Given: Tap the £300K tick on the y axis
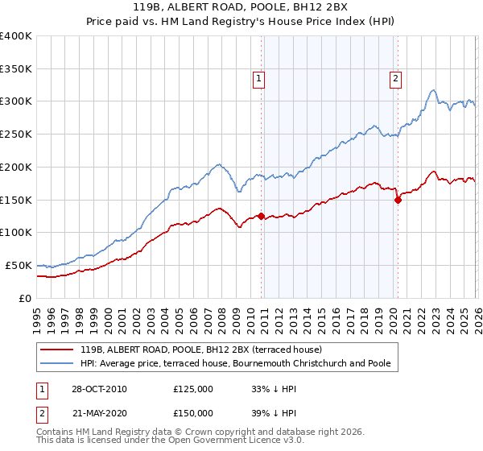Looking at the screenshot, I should click(x=16, y=101).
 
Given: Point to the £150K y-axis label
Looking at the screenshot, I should click(x=16, y=200).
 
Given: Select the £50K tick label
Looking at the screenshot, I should click(x=19, y=265).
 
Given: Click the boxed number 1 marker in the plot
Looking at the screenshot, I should click(x=258, y=78).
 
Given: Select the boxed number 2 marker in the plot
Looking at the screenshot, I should click(x=396, y=78).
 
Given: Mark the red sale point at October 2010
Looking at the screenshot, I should click(x=261, y=216).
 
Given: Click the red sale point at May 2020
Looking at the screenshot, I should click(x=397, y=200).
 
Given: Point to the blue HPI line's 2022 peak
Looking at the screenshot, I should click(x=433, y=90).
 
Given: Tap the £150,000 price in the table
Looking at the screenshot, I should click(x=193, y=413).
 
